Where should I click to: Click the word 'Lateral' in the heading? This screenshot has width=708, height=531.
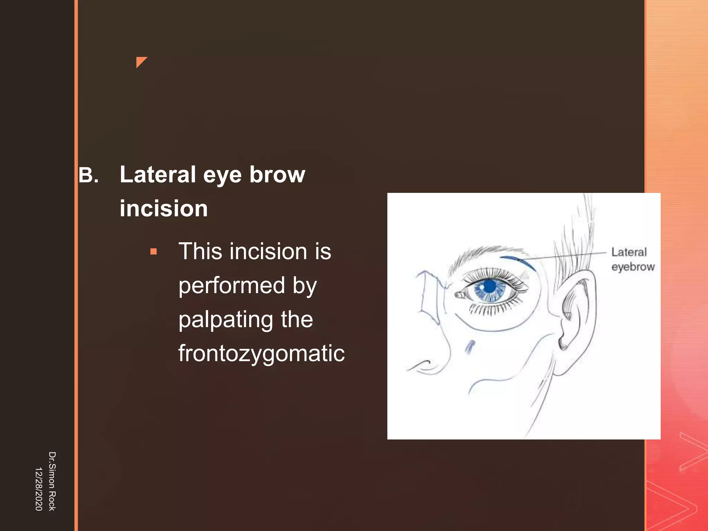158,175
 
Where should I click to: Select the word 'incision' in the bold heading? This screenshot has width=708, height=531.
164,208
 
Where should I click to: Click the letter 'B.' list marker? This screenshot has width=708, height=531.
88,175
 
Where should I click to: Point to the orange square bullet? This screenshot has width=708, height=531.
153,251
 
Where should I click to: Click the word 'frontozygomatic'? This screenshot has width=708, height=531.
261,353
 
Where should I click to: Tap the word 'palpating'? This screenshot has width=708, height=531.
225,320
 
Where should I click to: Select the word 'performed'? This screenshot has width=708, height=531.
232,286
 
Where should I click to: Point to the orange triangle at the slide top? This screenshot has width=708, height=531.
140,61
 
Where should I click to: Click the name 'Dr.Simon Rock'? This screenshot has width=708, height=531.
52,481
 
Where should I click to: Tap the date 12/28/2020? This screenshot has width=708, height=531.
39,489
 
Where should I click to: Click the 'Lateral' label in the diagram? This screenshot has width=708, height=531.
629,252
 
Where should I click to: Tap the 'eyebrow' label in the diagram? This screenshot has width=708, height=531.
633,267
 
